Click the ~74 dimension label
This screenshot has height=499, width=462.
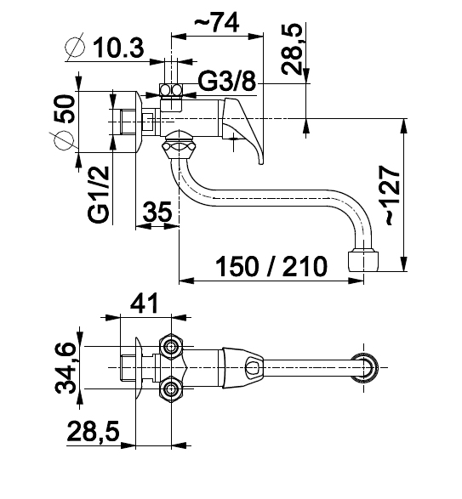tap(217, 22)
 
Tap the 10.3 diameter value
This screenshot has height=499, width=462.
tap(118, 48)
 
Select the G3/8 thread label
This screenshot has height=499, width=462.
tap(227, 81)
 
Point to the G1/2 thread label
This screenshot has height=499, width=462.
tap(99, 195)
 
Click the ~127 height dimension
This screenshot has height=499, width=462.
tap(393, 196)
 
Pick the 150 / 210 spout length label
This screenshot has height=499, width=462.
tap(271, 266)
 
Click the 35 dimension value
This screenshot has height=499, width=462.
tap(157, 212)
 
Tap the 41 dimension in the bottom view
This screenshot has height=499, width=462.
tap(144, 303)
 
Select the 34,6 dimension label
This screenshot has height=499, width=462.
tap(66, 368)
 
